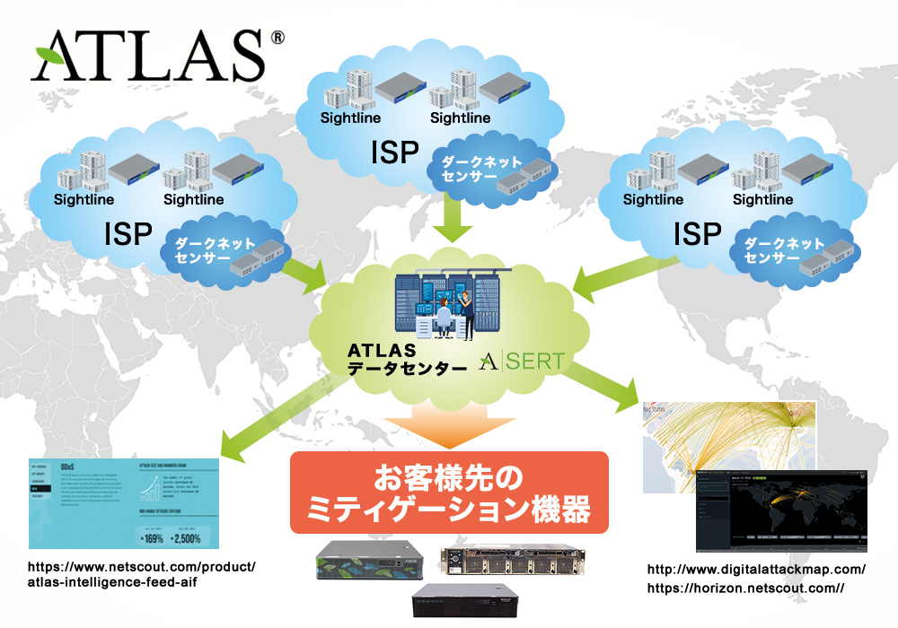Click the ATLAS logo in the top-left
click(148, 56)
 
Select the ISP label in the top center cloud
click(394, 153)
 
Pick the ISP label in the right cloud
click(697, 234)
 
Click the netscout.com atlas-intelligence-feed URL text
click(142, 574)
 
